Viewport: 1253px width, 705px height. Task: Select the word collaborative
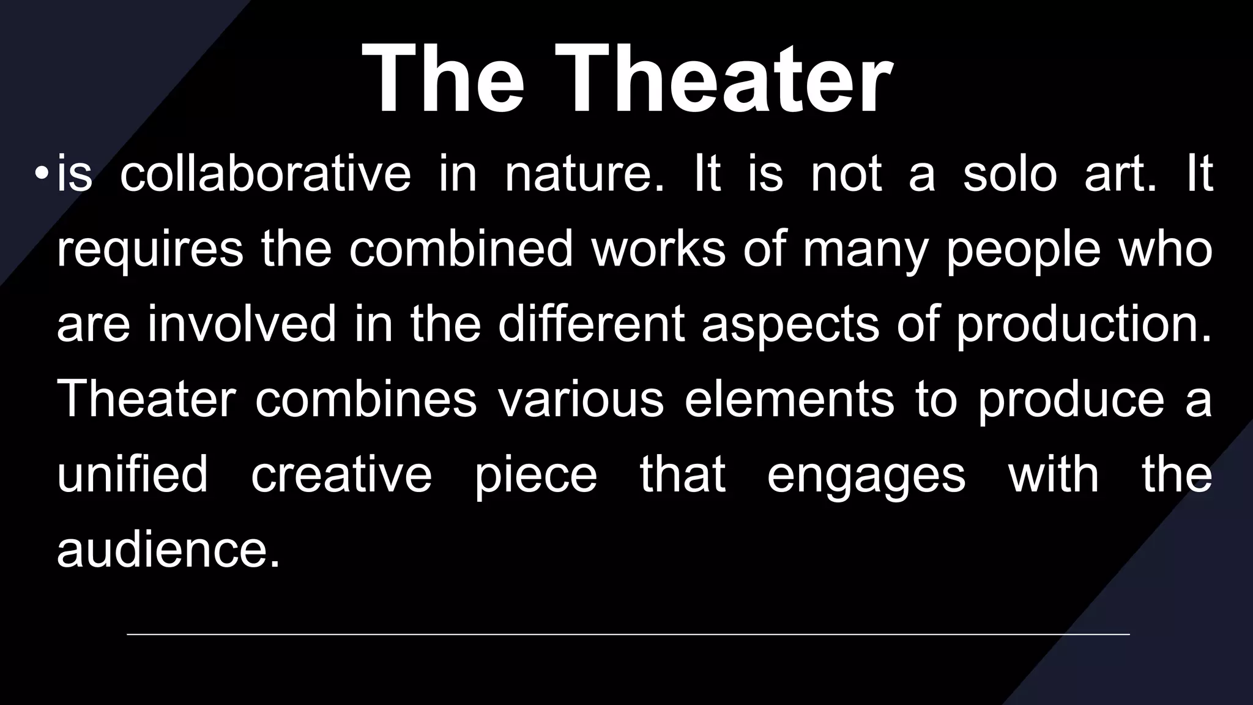pyautogui.click(x=265, y=174)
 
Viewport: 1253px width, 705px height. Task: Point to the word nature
pyautogui.click(x=584, y=175)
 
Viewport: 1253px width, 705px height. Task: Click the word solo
pyautogui.click(x=1009, y=174)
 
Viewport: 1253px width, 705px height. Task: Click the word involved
pyautogui.click(x=242, y=324)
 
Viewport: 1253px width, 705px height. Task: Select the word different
pyautogui.click(x=591, y=324)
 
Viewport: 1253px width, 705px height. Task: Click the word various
pyautogui.click(x=580, y=400)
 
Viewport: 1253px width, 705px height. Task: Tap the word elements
pyautogui.click(x=789, y=400)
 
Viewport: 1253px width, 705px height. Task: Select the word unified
pyautogui.click(x=132, y=474)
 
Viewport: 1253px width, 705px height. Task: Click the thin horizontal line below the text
pyautogui.click(x=628, y=635)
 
